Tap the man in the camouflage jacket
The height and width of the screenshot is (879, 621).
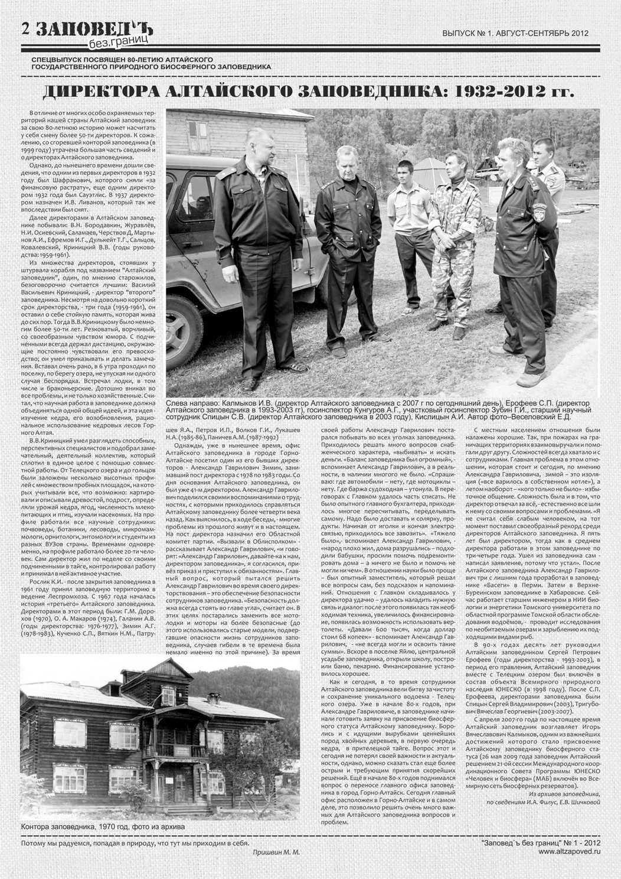pyautogui.click(x=454, y=236)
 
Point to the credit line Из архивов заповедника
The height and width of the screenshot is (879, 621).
pyautogui.click(x=564, y=794)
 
